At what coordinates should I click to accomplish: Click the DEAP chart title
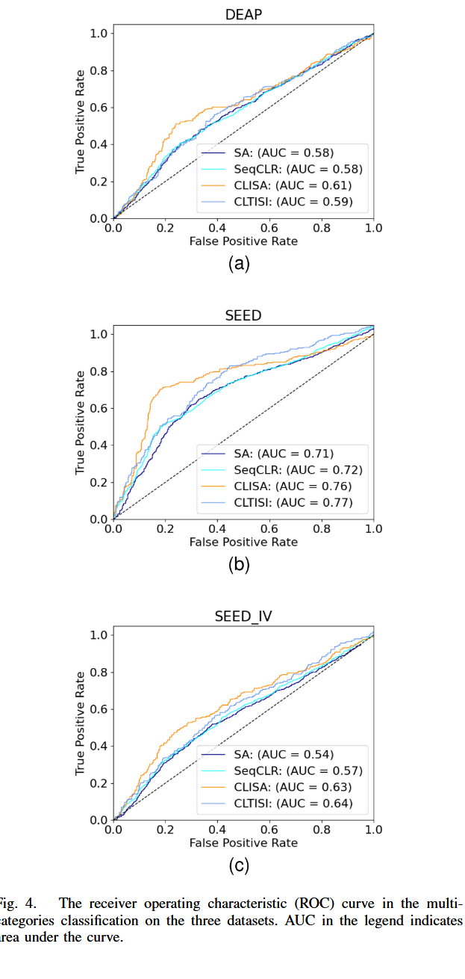(x=243, y=15)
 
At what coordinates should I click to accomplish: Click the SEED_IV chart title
(x=243, y=617)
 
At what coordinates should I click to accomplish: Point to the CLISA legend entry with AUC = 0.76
(x=294, y=486)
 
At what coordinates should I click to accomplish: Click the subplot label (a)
(x=238, y=263)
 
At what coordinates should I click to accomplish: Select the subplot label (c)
(x=238, y=866)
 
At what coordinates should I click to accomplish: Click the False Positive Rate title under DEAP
(x=243, y=241)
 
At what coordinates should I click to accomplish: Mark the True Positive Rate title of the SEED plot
(x=81, y=426)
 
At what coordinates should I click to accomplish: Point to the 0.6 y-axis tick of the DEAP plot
(x=99, y=108)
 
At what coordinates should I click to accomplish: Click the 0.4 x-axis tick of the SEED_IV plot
(x=217, y=830)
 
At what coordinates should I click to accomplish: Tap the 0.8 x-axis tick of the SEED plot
(x=322, y=528)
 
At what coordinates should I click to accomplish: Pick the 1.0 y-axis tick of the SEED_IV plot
(x=99, y=634)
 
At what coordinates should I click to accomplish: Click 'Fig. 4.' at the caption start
(x=16, y=903)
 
